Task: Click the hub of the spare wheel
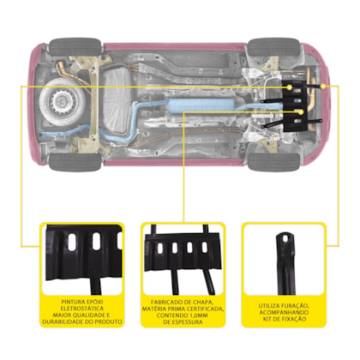tap(61, 100)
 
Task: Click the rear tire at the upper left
tap(75, 47)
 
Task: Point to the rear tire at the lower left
tap(75, 162)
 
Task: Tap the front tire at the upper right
tap(273, 47)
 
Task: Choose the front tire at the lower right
tap(273, 162)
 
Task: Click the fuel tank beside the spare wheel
tap(117, 101)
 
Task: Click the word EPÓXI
tap(93, 302)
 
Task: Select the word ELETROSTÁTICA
tap(82, 309)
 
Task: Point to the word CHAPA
tap(203, 302)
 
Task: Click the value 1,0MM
tap(198, 315)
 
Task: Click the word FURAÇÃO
tap(296, 305)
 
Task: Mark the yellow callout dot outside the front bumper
tap(323, 86)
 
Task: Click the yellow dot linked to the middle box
tap(301, 112)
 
